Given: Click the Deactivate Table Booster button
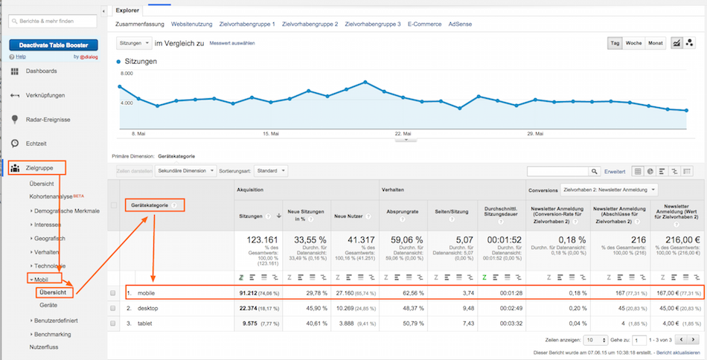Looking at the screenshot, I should (54, 45).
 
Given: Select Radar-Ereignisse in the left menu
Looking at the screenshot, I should (48, 119).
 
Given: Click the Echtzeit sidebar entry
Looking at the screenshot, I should (38, 143).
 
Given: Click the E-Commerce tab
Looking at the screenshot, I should (424, 24).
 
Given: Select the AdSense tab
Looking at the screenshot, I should (460, 24).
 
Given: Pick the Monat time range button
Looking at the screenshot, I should (655, 43).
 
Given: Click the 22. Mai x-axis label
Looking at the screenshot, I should (403, 134).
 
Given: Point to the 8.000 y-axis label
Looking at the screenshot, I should (126, 74).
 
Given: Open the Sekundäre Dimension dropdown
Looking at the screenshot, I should (185, 170).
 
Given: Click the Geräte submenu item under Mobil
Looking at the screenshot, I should (48, 305).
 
